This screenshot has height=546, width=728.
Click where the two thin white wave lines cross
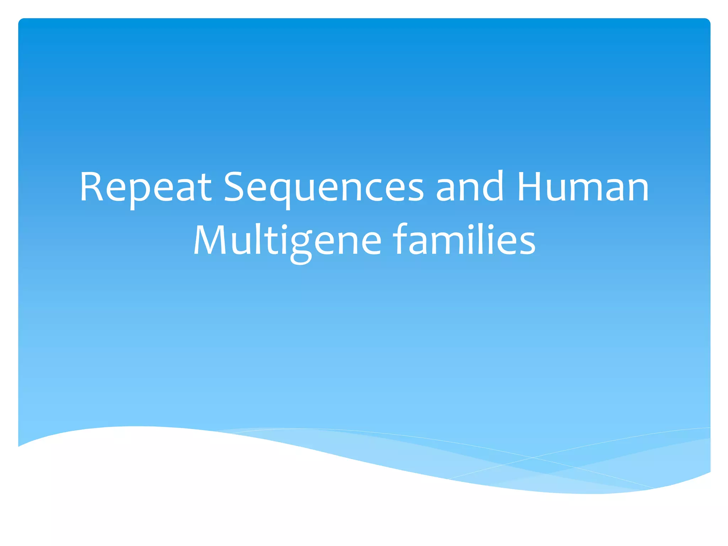533,457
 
